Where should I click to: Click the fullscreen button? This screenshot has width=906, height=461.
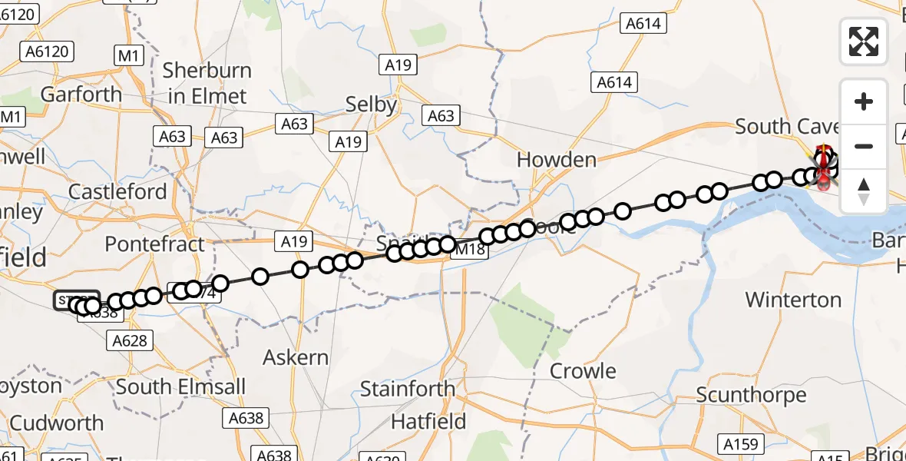(864, 41)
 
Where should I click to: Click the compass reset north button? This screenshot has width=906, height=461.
(864, 191)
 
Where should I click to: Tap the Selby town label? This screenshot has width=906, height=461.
(371, 104)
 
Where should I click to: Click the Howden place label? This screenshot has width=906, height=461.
(557, 160)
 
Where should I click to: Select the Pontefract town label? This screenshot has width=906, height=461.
(154, 244)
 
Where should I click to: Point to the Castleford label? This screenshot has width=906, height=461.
(117, 191)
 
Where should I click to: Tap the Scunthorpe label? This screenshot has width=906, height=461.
(751, 395)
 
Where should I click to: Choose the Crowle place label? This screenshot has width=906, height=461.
(583, 371)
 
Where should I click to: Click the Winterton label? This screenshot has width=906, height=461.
(793, 299)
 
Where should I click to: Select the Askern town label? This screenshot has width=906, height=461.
(296, 357)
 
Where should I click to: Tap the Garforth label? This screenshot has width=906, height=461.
(81, 95)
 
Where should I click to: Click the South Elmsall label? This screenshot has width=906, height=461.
(181, 386)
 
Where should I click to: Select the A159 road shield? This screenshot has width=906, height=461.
(740, 444)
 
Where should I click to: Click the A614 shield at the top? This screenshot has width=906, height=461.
(643, 24)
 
